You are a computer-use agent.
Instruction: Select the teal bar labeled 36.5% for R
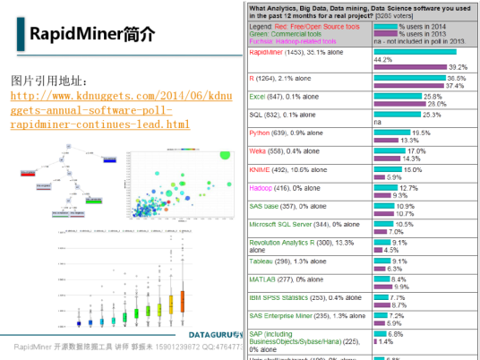point(414,78)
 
